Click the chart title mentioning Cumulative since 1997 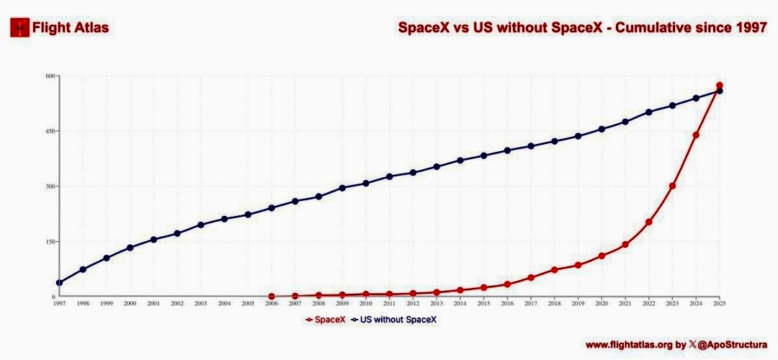point(582,28)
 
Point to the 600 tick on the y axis point(50,76)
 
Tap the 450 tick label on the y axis point(50,132)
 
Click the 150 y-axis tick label point(50,242)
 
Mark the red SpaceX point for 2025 point(719,86)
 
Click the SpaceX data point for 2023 point(672,186)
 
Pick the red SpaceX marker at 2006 point(272,296)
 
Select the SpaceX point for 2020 point(602,256)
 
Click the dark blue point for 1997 point(59,282)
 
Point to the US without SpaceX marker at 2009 point(342,188)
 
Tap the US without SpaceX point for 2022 point(649,112)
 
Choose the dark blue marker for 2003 point(201,225)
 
